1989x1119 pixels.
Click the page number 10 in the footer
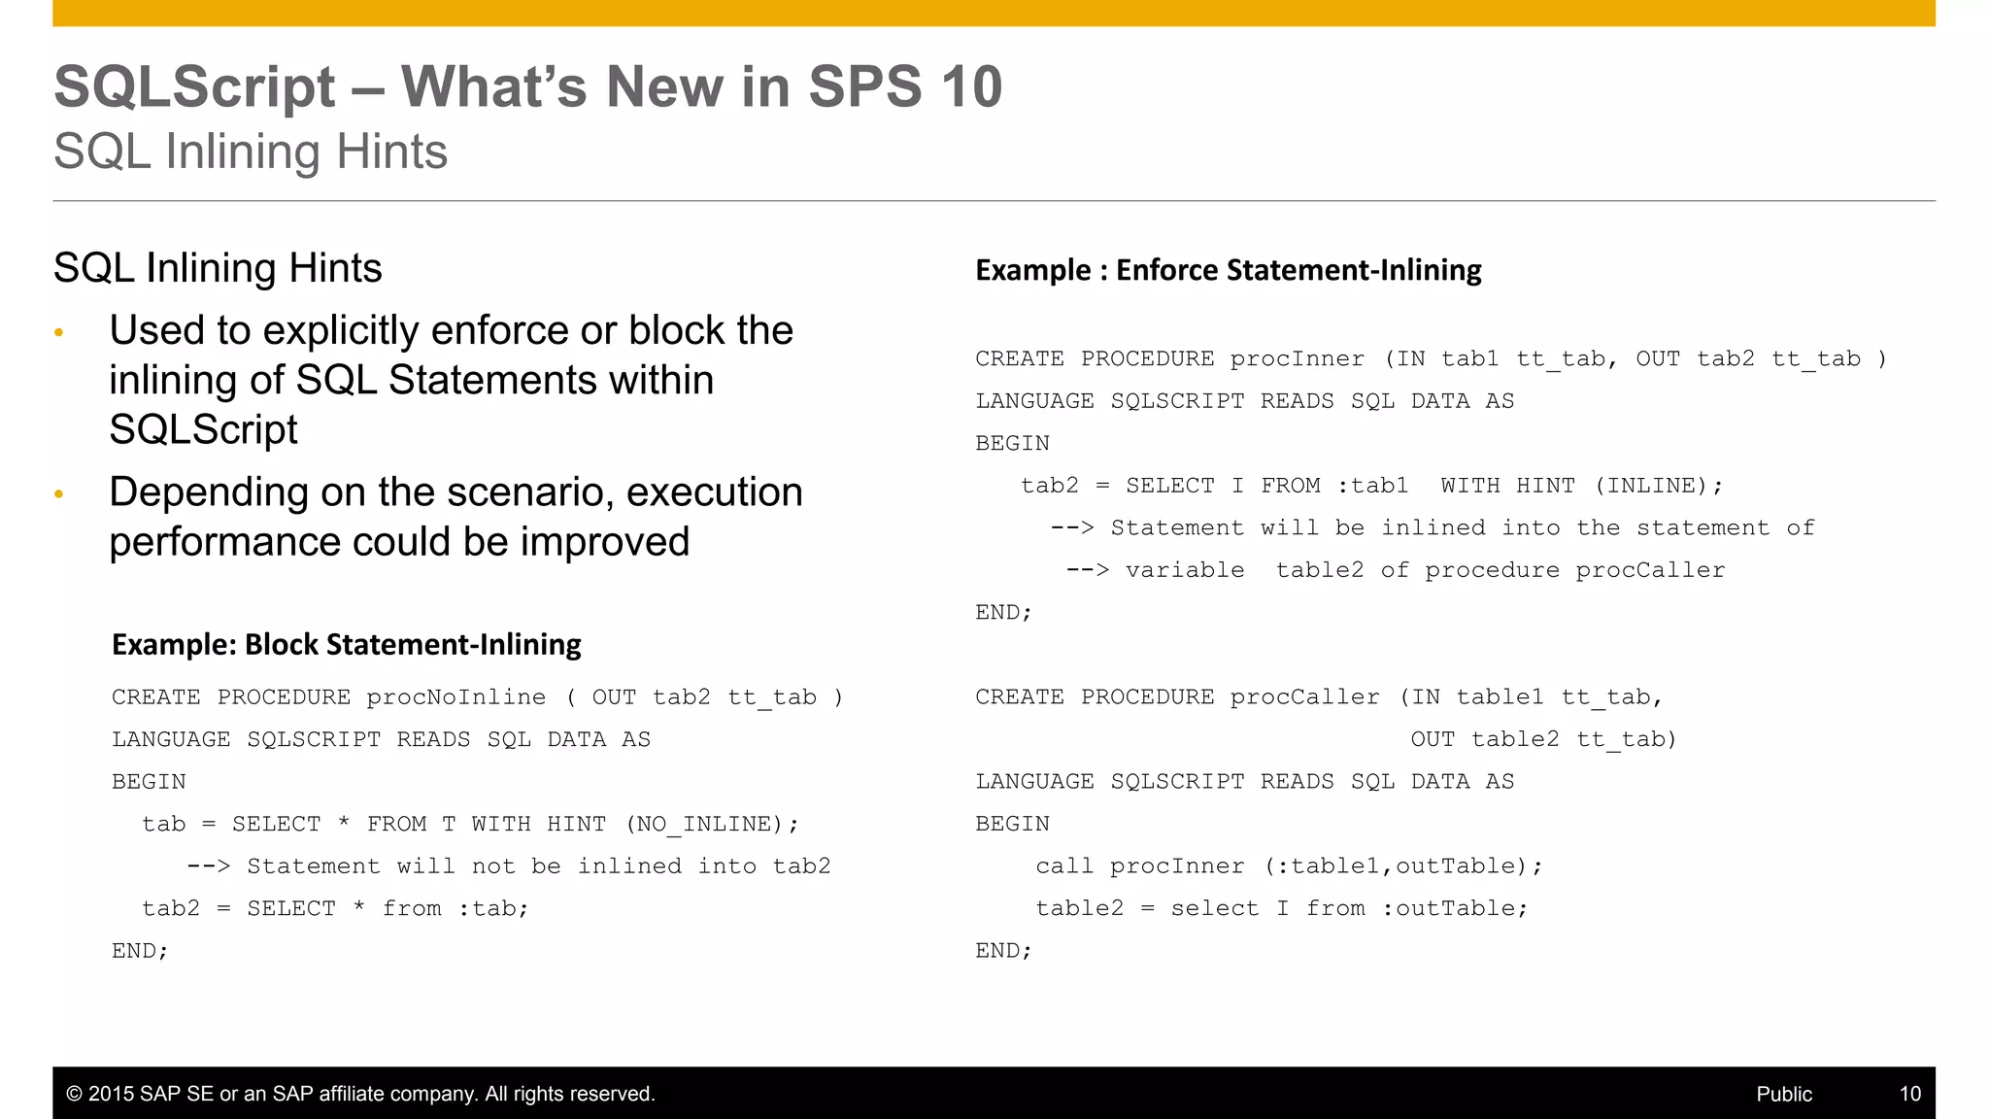[1909, 1094]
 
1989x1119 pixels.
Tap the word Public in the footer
[1783, 1094]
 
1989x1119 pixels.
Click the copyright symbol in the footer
[74, 1094]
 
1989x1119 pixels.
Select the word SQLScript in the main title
[194, 86]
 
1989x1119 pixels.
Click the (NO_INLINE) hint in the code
[712, 825]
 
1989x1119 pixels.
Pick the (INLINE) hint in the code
[1659, 486]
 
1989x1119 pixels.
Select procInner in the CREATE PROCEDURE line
[1297, 358]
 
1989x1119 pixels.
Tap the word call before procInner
[1065, 866]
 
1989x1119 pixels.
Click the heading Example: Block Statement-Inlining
[347, 644]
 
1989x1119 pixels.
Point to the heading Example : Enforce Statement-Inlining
[1228, 270]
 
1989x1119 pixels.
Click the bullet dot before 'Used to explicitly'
[59, 333]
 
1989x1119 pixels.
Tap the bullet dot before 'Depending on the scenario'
[59, 494]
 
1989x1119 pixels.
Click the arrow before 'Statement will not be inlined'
[208, 866]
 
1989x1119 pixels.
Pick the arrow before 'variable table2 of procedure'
[1087, 570]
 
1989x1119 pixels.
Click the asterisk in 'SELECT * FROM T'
[344, 824]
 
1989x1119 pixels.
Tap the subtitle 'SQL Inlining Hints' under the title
[251, 152]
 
